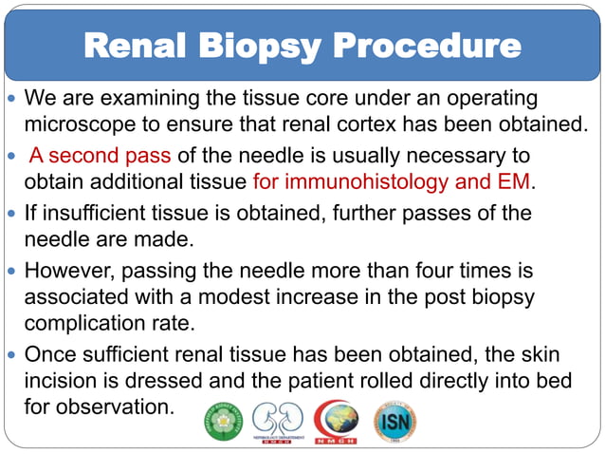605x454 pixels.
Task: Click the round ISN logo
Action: click(395, 422)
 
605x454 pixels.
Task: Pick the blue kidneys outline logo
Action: click(278, 422)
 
